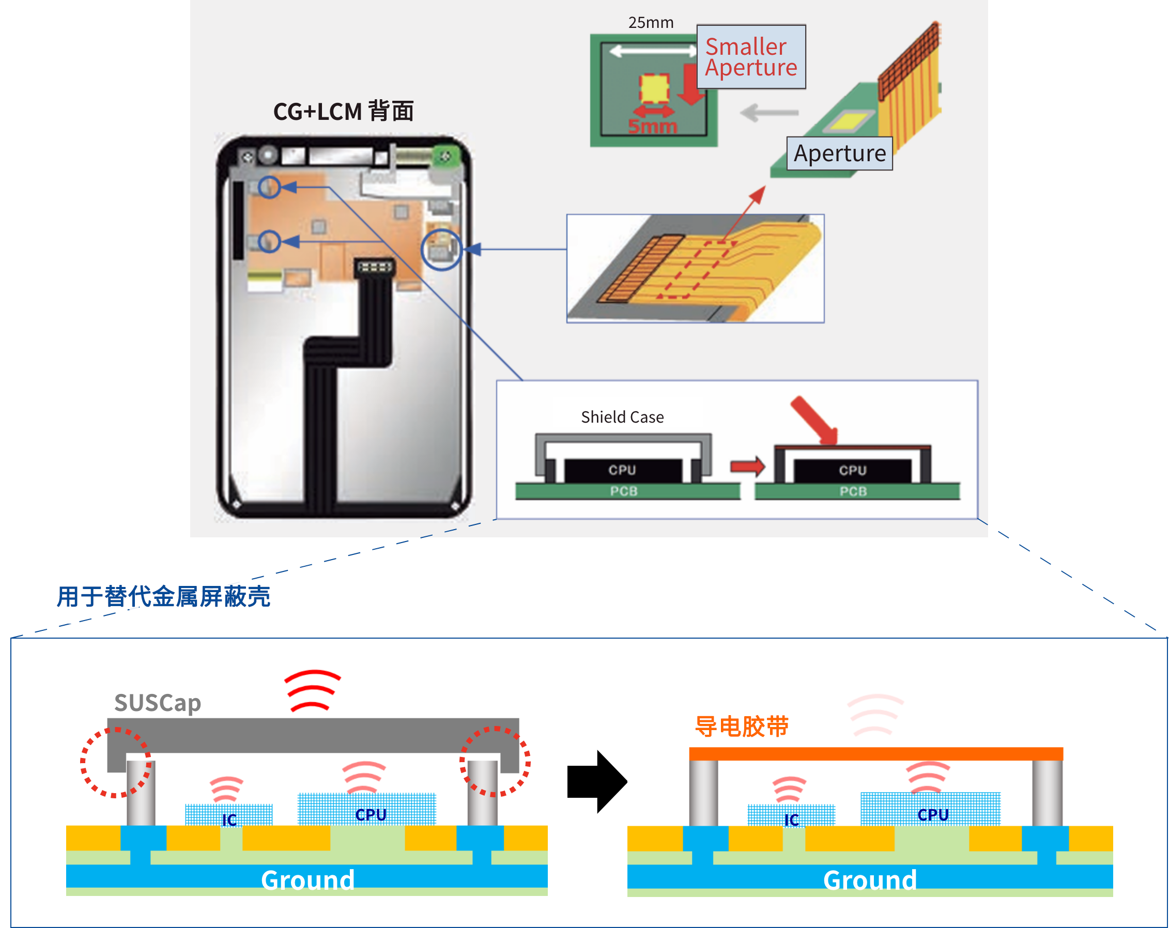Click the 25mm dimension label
[651, 23]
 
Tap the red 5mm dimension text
[653, 126]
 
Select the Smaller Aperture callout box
[751, 57]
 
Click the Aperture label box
[839, 153]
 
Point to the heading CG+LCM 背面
[343, 112]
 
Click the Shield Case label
[622, 417]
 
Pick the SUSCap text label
[158, 703]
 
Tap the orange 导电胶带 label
[742, 726]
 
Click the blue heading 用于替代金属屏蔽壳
[164, 597]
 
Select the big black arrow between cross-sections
[597, 782]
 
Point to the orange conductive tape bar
[875, 753]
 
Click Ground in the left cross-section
[307, 879]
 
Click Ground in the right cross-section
[870, 879]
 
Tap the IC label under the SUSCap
[229, 819]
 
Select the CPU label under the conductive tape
[933, 815]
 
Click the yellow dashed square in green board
[654, 88]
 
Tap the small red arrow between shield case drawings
[747, 466]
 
